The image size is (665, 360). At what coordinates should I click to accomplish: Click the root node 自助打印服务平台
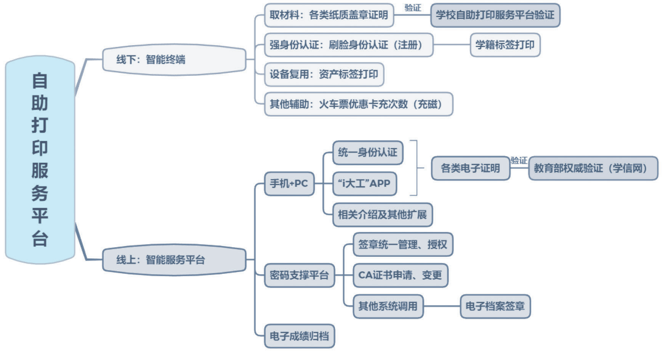[x=40, y=160]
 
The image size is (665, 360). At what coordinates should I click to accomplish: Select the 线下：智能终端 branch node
[x=174, y=59]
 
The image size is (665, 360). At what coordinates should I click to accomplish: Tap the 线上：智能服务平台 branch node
[x=174, y=260]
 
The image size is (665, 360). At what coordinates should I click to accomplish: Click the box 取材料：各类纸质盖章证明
[x=329, y=15]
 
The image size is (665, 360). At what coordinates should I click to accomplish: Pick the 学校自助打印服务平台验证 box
[x=495, y=15]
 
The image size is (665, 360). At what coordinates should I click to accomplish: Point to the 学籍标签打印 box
[x=505, y=45]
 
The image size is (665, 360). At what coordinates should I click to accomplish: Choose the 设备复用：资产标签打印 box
[x=324, y=74]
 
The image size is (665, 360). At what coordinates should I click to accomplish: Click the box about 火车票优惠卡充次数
[x=358, y=104]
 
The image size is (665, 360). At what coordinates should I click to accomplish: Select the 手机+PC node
[x=289, y=184]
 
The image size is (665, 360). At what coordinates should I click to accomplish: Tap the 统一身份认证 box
[x=368, y=153]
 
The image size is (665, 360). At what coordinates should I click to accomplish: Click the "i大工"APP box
[x=364, y=184]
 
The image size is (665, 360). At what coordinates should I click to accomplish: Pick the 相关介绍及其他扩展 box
[x=382, y=214]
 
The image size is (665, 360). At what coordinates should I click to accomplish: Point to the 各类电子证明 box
[x=470, y=168]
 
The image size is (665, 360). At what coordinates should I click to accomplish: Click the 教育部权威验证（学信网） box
[x=593, y=168]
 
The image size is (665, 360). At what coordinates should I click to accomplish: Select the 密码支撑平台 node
[x=300, y=275]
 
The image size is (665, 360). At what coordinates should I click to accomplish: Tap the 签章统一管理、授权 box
[x=403, y=244]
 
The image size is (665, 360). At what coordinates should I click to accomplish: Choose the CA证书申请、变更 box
[x=400, y=275]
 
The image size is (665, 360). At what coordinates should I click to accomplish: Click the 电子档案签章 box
[x=495, y=306]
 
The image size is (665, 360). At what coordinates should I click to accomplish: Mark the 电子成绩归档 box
[x=300, y=336]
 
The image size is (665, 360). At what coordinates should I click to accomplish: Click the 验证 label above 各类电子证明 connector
[x=519, y=160]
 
